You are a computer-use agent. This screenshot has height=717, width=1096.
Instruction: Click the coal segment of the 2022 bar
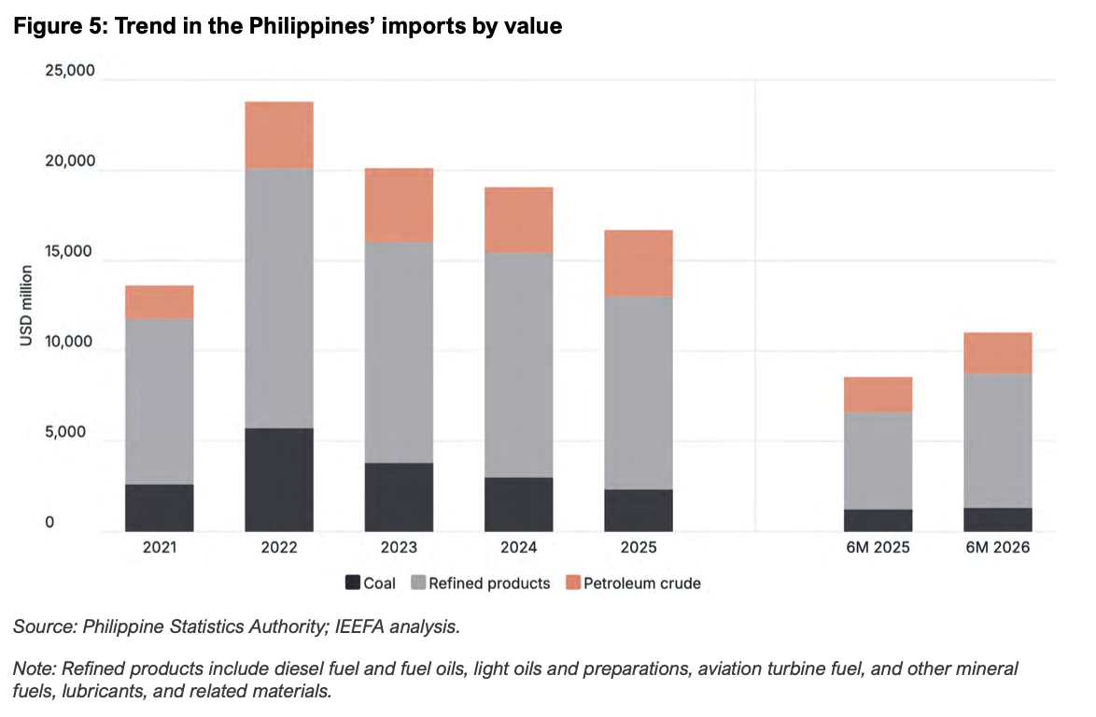[x=279, y=479]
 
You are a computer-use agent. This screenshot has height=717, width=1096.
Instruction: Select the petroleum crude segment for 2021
[x=160, y=302]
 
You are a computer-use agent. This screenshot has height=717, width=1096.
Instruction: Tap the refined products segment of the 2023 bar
[x=399, y=352]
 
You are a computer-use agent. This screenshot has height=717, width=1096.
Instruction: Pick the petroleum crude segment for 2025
[x=639, y=262]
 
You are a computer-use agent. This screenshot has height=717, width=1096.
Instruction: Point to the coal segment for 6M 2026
[x=997, y=519]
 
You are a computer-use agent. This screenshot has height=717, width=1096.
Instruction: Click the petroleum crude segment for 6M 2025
[x=878, y=394]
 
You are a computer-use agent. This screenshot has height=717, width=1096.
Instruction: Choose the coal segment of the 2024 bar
[x=519, y=504]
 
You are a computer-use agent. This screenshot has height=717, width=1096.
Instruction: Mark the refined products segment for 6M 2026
[x=997, y=441]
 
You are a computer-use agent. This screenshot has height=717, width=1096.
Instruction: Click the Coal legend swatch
[x=353, y=583]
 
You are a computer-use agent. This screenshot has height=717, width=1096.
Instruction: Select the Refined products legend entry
[x=482, y=583]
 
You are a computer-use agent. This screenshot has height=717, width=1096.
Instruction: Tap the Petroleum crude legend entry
[x=633, y=583]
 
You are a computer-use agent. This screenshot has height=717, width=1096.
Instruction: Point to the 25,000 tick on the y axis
[x=70, y=71]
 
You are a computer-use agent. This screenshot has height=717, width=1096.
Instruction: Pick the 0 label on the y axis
[x=49, y=522]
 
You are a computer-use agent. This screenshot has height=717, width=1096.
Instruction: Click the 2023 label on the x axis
[x=399, y=547]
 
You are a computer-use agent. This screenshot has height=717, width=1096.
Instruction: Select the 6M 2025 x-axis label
[x=878, y=547]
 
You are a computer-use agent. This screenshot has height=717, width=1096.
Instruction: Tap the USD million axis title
[x=26, y=305]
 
